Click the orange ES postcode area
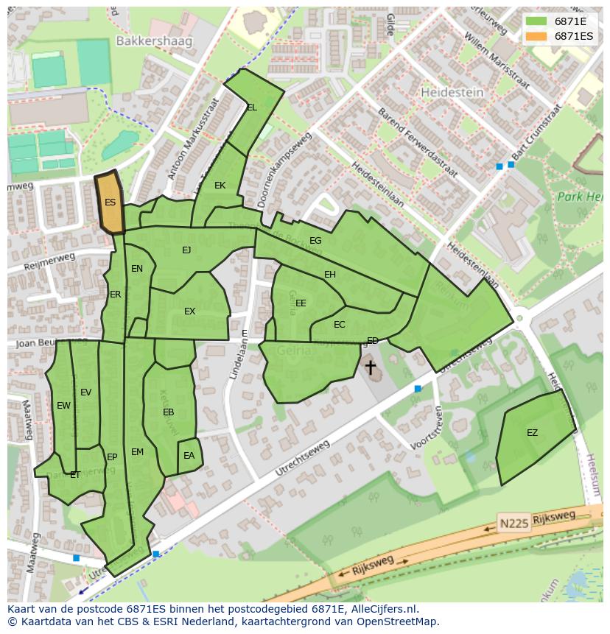point(110,202)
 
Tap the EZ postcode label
point(532,433)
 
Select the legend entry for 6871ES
point(573,35)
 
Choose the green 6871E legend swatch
point(536,21)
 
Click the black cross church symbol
point(370,367)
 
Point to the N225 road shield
point(513,523)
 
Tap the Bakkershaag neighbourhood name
point(155,41)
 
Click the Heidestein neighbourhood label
point(452,92)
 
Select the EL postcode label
point(252,108)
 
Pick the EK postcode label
point(220,186)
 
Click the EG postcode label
point(315,241)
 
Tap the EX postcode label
point(189,311)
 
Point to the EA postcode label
point(189,456)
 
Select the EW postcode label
point(63,406)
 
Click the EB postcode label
point(168,412)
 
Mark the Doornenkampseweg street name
point(281,173)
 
